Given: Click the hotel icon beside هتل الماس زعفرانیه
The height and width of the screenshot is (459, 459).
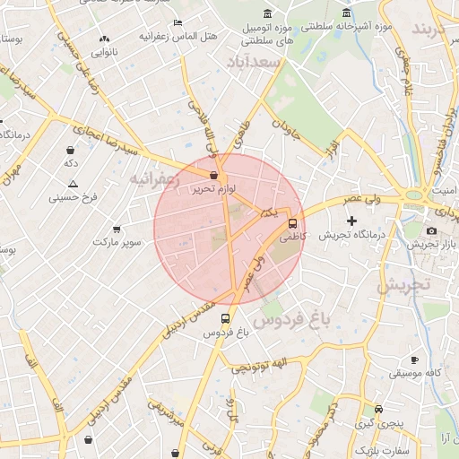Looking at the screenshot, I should coord(178,22).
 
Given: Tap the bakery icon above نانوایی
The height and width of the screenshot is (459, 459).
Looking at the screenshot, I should coord(105,39).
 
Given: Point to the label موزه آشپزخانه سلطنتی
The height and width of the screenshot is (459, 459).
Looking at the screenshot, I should coord(359,27).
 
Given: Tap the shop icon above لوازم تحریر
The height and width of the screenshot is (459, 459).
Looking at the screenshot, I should coord(213,176).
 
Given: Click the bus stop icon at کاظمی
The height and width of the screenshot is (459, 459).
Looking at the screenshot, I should coord(293,223).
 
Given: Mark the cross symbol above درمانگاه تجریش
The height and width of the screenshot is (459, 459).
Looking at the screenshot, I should coord(351,221).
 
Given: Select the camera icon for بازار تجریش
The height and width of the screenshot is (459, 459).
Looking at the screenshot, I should coord(431,230).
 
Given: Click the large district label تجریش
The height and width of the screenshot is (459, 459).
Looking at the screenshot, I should coord(403,285).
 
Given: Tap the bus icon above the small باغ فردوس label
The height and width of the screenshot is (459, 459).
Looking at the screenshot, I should coord(224,317).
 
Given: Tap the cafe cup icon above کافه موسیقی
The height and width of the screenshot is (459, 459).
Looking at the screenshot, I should coord(414,359).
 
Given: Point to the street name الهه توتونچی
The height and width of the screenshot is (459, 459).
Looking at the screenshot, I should coord(258,365).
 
